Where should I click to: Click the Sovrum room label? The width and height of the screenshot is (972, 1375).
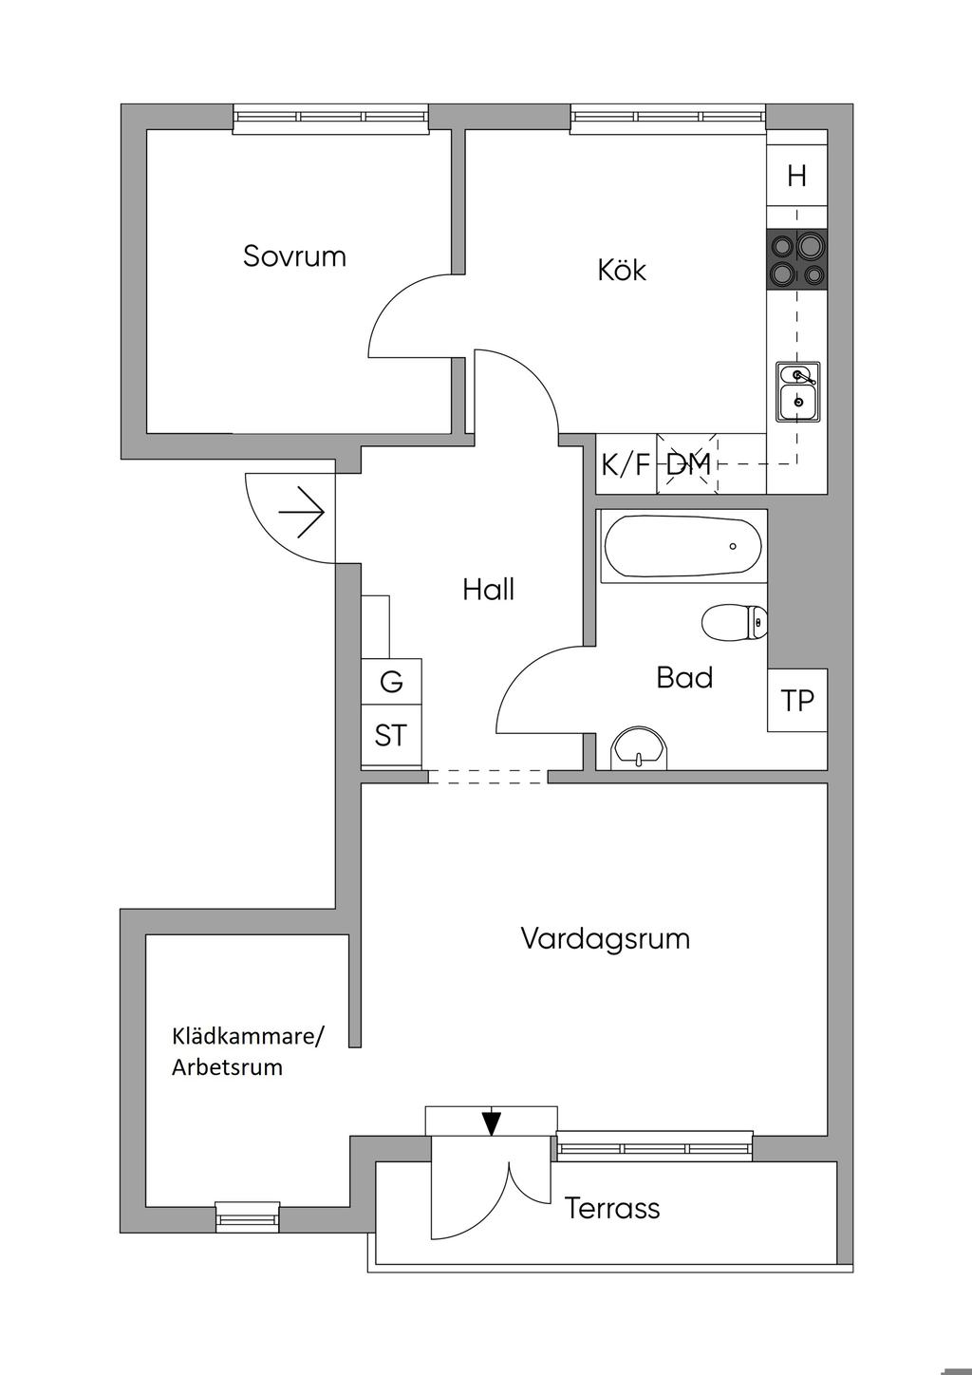pos(294,256)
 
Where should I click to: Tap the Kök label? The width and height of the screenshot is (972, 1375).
pos(622,270)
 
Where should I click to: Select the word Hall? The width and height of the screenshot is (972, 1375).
pos(488,590)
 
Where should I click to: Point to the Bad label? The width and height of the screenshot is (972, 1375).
pos(684,678)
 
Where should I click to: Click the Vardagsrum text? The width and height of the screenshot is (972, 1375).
pos(606,939)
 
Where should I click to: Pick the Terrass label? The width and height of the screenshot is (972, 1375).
pos(612,1209)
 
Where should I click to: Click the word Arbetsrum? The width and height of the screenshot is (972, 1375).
pos(227,1066)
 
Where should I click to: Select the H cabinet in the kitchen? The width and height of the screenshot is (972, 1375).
pos(796,176)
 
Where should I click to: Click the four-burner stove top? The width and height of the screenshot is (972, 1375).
pos(796,259)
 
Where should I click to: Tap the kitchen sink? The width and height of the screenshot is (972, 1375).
pos(797,391)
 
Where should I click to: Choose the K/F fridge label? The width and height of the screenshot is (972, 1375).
pos(626,465)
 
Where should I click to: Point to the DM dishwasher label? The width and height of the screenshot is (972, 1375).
pos(688,465)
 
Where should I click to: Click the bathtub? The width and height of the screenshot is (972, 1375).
pos(682,547)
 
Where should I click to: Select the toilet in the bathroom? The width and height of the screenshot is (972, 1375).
pos(736,623)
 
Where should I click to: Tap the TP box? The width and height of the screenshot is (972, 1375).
pos(797,701)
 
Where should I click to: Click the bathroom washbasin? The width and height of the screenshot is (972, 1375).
pos(641,749)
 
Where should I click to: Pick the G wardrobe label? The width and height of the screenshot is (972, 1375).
pos(391,682)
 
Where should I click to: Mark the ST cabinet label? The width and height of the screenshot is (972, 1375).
pos(391,735)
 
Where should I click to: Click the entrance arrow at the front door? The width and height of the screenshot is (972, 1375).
pos(302,514)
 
